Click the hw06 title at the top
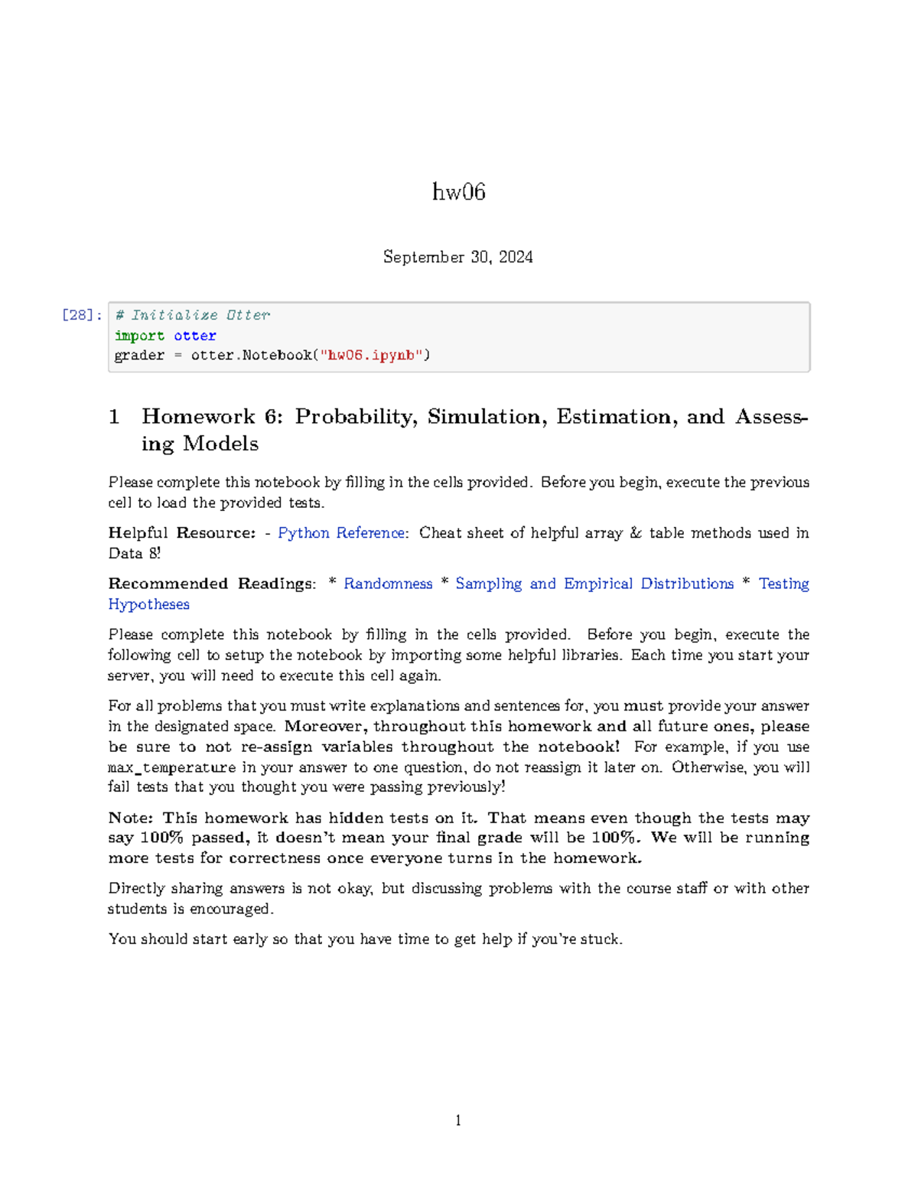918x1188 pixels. click(458, 191)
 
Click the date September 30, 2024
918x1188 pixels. click(457, 257)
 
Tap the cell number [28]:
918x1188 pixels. click(81, 315)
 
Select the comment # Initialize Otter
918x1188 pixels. click(192, 315)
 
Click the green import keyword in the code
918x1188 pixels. click(139, 336)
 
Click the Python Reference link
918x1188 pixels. click(341, 533)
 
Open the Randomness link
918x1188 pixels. click(388, 584)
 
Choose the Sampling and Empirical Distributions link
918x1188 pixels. click(594, 584)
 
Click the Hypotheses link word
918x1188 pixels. click(148, 604)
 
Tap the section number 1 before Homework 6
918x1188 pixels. click(114, 417)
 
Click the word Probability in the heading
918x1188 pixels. click(356, 417)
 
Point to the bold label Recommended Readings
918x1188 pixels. click(211, 584)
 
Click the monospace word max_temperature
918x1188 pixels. click(172, 767)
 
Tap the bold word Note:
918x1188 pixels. click(131, 818)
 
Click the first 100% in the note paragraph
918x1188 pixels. click(161, 838)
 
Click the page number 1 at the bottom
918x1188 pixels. click(458, 1121)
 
